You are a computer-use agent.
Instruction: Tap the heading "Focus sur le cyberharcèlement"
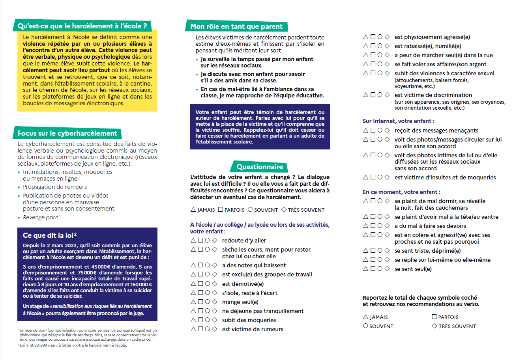click(67, 133)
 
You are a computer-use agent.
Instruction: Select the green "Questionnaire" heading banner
click(260, 167)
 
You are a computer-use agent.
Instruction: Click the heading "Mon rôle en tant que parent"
click(236, 26)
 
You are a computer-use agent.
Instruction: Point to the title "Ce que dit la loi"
click(50, 235)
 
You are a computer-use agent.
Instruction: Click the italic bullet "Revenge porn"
click(41, 218)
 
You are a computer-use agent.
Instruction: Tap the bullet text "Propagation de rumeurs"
click(55, 187)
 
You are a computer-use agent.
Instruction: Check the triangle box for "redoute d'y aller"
click(193, 240)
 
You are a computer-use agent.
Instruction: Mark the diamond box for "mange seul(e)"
click(215, 302)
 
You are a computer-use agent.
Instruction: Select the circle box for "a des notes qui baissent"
click(208, 265)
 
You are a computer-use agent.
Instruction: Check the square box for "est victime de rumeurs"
click(200, 329)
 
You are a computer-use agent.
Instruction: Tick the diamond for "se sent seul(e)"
click(387, 269)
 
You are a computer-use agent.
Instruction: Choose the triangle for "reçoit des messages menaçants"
click(366, 130)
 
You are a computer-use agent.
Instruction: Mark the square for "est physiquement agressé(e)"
click(373, 37)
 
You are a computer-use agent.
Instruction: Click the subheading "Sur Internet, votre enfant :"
click(399, 121)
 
